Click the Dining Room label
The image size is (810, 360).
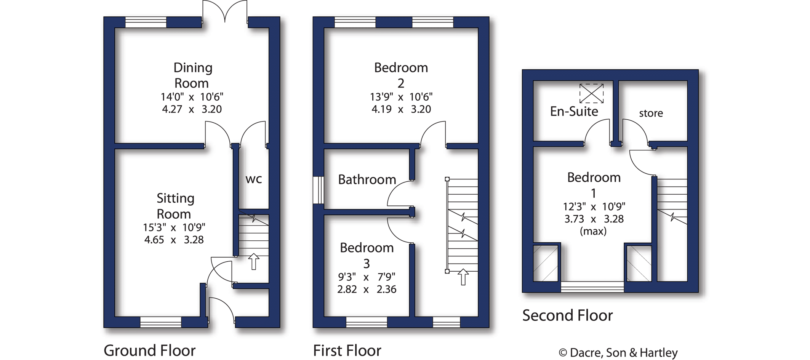192,75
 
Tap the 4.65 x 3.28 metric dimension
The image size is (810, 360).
174,240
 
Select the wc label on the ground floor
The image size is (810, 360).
254,179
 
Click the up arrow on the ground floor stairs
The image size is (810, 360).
254,261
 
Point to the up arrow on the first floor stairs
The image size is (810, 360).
463,277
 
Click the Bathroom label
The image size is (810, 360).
367,180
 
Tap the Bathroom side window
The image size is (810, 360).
318,190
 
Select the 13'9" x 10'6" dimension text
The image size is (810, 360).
401,97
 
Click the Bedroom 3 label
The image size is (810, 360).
367,255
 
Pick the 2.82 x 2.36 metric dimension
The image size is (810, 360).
367,290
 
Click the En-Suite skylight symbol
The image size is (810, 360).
591,93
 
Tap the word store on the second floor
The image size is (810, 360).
651,113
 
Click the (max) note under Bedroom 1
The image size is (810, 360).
593,231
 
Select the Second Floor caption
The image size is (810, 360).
567,316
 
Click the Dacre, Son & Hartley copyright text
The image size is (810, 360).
618,353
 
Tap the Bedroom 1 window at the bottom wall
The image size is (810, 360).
592,286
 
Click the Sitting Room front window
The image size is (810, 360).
161,322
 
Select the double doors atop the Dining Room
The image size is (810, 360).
225,11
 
